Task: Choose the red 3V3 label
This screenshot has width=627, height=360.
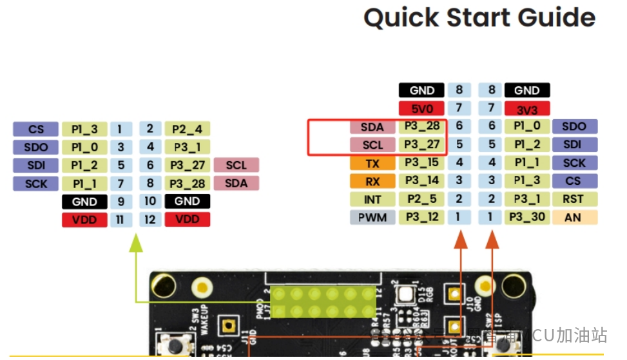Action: (x=526, y=108)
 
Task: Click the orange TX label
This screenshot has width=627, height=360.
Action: (x=372, y=163)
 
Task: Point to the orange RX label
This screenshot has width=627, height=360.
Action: (x=372, y=181)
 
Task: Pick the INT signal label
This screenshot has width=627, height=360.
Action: (x=372, y=199)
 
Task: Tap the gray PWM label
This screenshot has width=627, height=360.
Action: (x=372, y=217)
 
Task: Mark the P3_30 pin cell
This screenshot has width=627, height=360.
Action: (x=526, y=217)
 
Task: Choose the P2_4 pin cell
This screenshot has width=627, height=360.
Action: (x=186, y=129)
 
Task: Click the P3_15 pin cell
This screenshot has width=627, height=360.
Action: (x=421, y=163)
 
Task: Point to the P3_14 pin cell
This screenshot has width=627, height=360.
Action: (x=421, y=181)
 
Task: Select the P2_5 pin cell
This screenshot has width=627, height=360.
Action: (x=421, y=199)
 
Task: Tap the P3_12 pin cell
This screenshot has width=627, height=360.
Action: (x=421, y=217)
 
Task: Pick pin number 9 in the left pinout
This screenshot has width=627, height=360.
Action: (x=121, y=202)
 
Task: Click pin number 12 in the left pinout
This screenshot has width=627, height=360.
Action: (x=150, y=220)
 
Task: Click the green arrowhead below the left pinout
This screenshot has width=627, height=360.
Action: (x=135, y=242)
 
